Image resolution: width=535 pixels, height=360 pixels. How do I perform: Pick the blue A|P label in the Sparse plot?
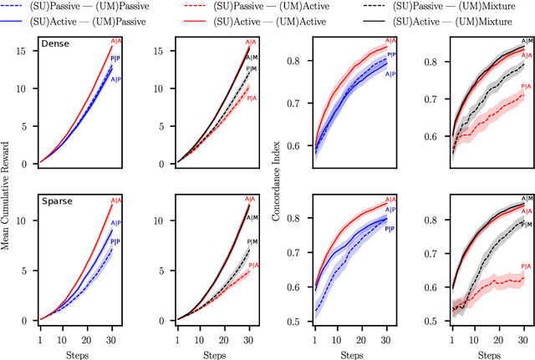(x=117, y=223)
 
